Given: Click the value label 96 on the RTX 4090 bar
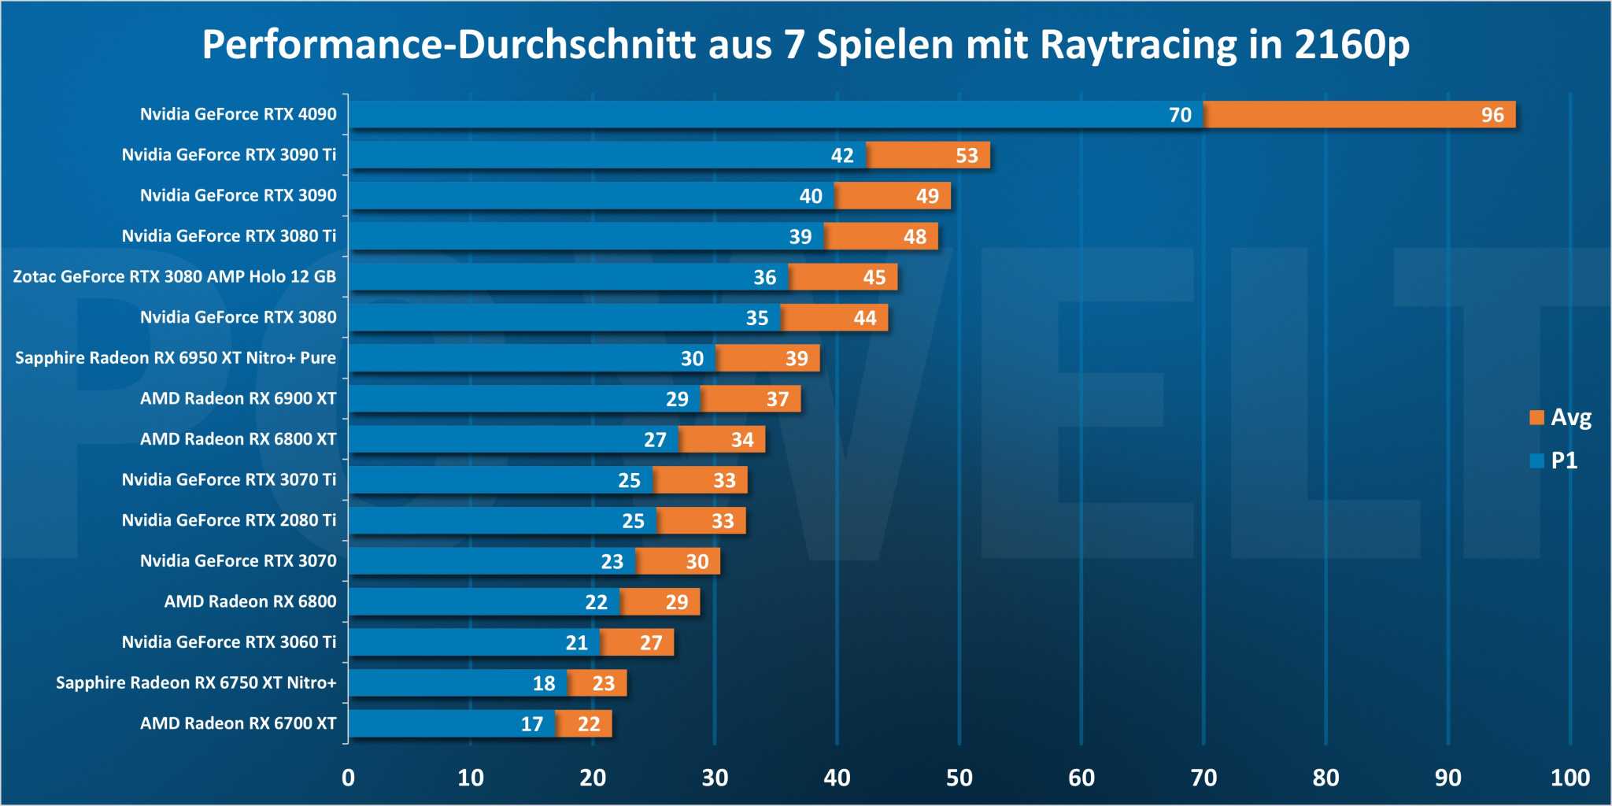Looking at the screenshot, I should click(x=1492, y=115).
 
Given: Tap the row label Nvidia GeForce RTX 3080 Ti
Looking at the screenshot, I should click(x=228, y=235).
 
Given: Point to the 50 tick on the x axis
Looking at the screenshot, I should click(x=959, y=778).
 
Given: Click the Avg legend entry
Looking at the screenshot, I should click(x=1560, y=417).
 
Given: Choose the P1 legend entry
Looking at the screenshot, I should click(x=1554, y=460).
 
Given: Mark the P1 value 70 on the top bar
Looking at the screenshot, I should click(x=1180, y=115).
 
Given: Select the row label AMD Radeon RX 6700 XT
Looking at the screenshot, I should click(x=238, y=723).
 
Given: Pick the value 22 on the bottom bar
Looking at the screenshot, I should click(x=589, y=724).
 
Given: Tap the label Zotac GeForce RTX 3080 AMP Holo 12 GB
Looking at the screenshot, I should click(x=174, y=276).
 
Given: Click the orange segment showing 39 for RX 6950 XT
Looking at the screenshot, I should click(x=767, y=358).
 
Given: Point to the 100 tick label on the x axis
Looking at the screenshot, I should click(x=1569, y=778).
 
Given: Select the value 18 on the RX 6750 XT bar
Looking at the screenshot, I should click(x=544, y=683).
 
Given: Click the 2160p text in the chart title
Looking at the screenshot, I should click(x=1351, y=45).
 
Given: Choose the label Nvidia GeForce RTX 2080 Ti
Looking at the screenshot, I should click(x=228, y=519).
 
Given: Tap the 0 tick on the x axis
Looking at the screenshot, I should click(x=348, y=778).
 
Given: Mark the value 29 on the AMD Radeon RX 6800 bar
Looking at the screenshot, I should click(x=676, y=602).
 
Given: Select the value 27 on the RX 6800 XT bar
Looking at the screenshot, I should click(x=655, y=440).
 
